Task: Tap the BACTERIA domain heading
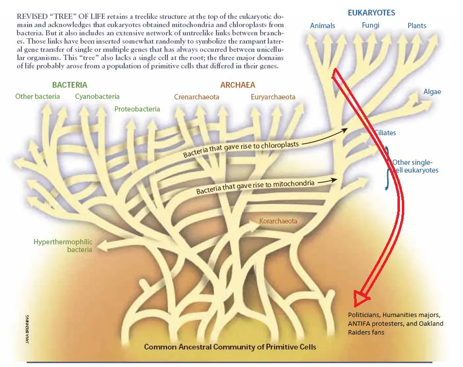[x=70, y=85]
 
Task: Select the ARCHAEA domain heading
[x=237, y=85]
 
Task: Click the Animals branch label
[x=322, y=25]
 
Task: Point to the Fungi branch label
[x=371, y=25]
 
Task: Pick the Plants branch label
[x=417, y=25]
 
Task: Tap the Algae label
[x=432, y=92]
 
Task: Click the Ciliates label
[x=385, y=133]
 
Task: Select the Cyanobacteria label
[x=97, y=96]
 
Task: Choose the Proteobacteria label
[x=137, y=109]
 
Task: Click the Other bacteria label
[x=37, y=96]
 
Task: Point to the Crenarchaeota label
[x=197, y=97]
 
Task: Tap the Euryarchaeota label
[x=273, y=97]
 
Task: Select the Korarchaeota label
[x=278, y=221]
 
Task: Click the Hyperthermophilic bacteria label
[x=63, y=245]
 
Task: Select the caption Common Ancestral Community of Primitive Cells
[x=230, y=347]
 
